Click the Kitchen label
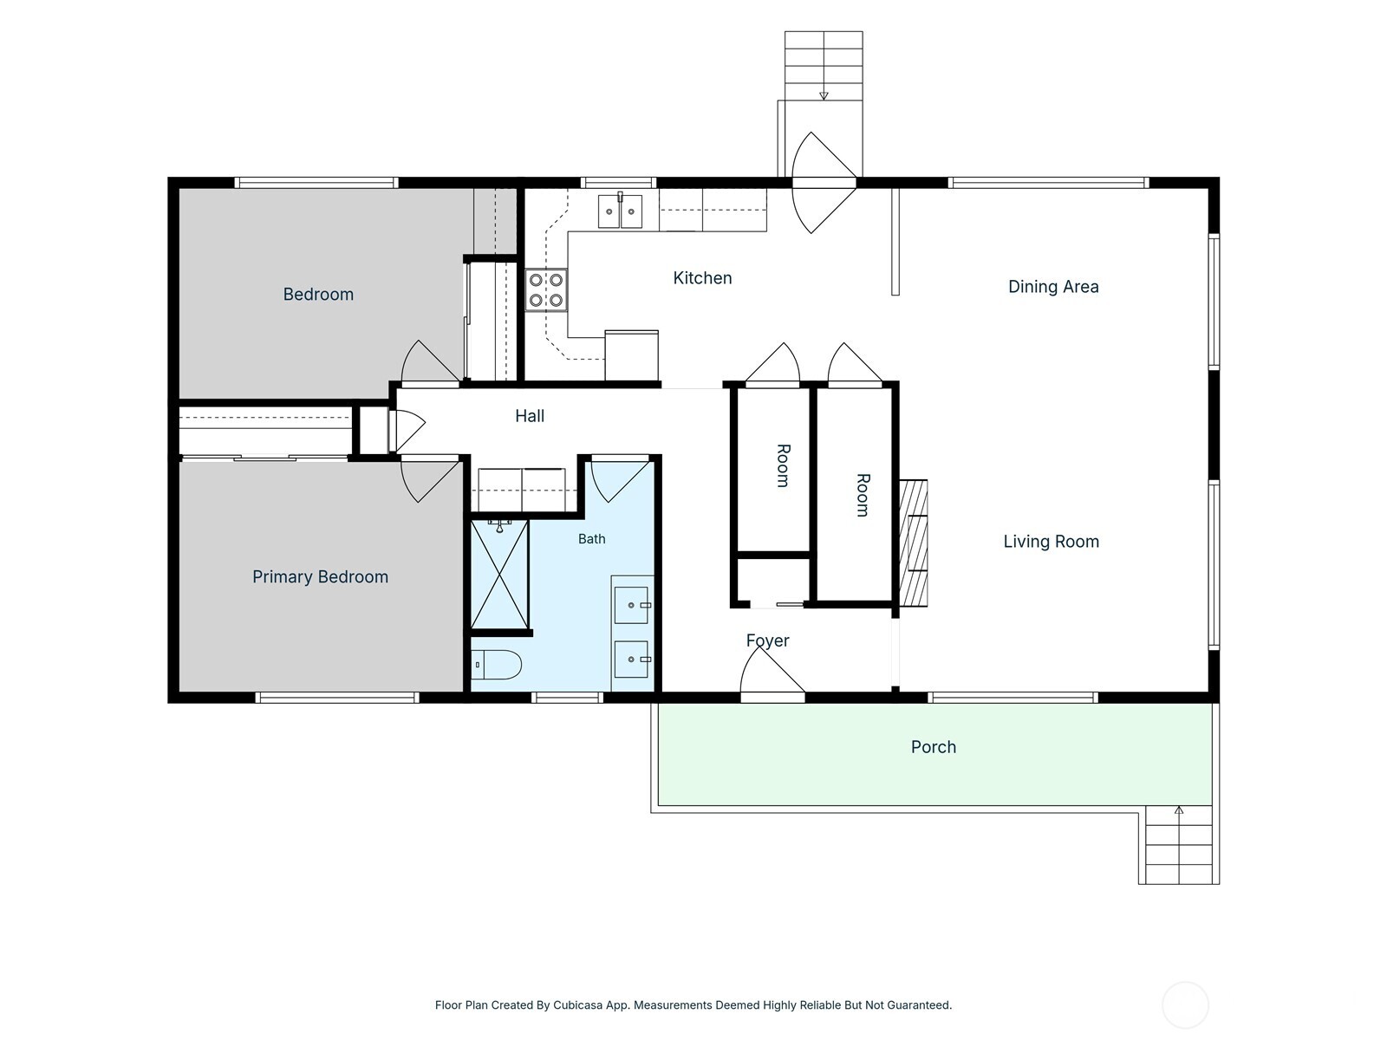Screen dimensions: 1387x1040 702,278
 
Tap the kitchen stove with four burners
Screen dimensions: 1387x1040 546,289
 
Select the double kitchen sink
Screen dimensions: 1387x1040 620,211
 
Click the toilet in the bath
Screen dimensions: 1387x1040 497,665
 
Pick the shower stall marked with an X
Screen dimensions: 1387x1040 500,574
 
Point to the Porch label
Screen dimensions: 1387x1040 934,747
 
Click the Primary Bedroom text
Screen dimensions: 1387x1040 321,577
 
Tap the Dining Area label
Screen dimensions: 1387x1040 1053,287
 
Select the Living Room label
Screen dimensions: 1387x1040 1052,541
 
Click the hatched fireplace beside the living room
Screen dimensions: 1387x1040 914,543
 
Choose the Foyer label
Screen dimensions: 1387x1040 767,640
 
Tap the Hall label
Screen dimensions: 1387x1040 530,415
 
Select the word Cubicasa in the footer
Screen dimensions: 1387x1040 578,1005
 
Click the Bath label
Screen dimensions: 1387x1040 591,538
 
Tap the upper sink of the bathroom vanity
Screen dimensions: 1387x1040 631,605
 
